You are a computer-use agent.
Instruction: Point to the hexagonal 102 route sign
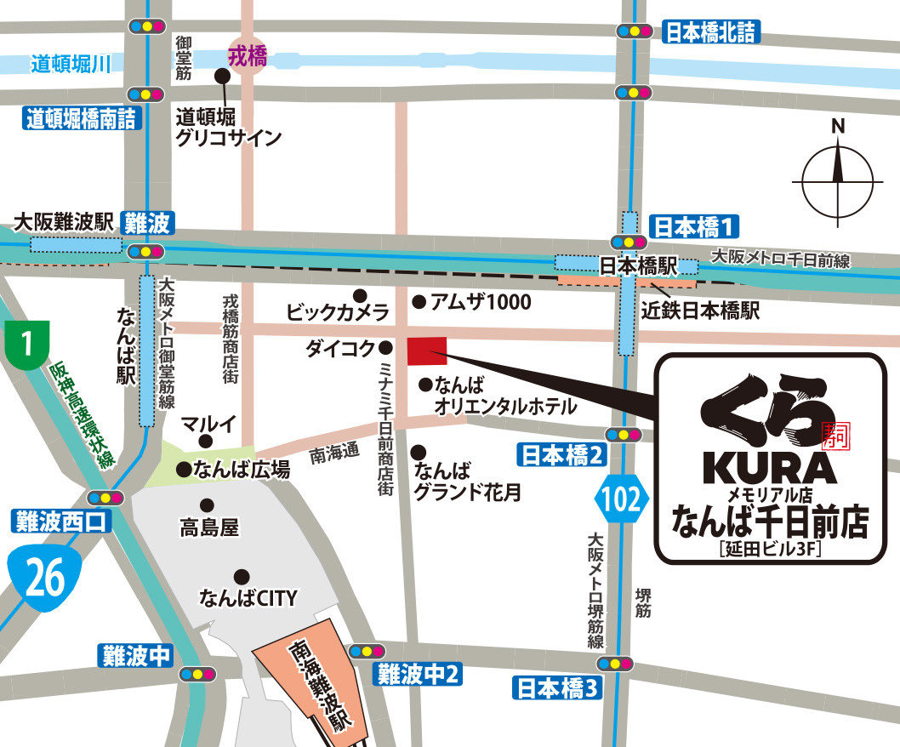[x=623, y=498]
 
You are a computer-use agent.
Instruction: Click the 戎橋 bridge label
[x=248, y=57]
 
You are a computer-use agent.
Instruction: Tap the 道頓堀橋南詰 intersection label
[x=82, y=120]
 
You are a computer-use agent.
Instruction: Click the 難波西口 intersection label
[x=61, y=521]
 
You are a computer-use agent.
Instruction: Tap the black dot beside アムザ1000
[x=419, y=301]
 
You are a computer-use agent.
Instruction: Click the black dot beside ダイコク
[x=385, y=347]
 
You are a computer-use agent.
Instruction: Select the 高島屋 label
[x=209, y=528]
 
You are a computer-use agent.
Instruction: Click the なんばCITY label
[x=248, y=598]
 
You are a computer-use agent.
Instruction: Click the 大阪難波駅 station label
[x=65, y=223]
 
